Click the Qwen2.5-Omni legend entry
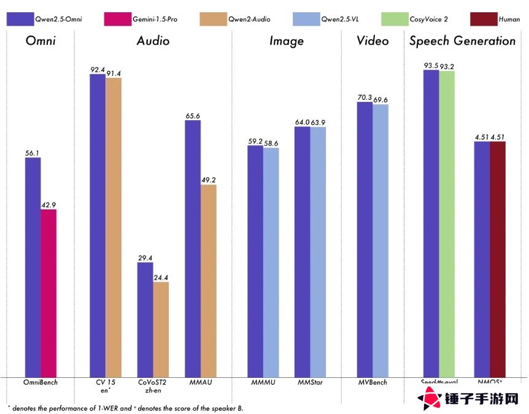click(x=45, y=19)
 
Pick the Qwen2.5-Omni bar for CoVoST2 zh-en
click(x=145, y=319)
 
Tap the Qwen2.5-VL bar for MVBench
click(x=380, y=240)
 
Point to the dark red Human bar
click(x=497, y=258)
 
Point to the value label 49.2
click(x=209, y=180)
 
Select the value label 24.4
click(x=161, y=277)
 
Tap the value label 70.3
click(x=365, y=97)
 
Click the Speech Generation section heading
click(x=462, y=41)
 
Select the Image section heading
click(x=286, y=41)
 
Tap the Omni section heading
click(x=41, y=41)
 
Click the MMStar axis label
click(x=310, y=383)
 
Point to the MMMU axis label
click(x=263, y=383)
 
